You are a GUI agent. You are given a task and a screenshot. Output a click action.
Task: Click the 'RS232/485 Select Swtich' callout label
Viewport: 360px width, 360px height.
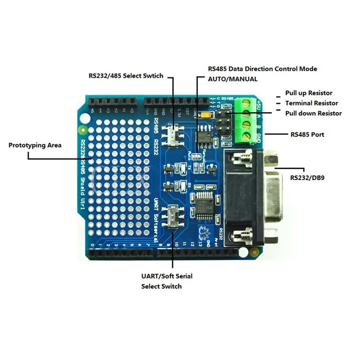(x=126, y=76)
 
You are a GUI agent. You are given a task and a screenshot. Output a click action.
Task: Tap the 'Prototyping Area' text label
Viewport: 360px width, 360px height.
(x=35, y=145)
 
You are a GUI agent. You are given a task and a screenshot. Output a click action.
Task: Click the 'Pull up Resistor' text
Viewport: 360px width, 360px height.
(x=309, y=93)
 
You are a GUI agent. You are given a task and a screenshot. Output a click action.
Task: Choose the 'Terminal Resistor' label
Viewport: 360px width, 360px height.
(x=311, y=103)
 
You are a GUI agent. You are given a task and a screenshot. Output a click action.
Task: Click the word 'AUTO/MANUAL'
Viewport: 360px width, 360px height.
(x=233, y=79)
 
